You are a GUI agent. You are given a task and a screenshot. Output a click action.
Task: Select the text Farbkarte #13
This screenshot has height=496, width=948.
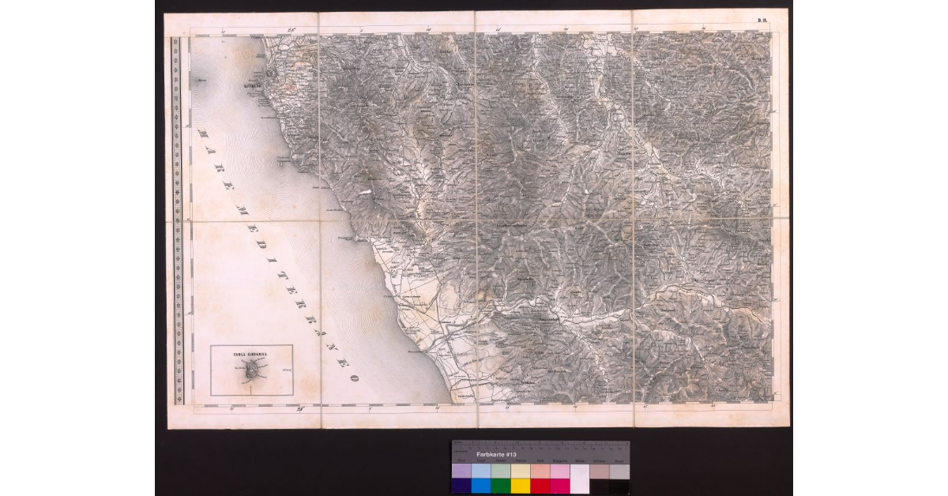coord(496,456)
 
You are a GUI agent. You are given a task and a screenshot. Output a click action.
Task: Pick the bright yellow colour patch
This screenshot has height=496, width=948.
coord(520,486)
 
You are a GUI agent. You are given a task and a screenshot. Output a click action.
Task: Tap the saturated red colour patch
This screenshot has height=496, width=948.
coord(540,486)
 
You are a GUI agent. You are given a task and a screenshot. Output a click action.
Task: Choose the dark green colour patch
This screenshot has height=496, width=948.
coord(500,486)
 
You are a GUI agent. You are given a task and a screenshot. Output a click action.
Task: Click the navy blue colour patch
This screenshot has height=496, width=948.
coord(461,486)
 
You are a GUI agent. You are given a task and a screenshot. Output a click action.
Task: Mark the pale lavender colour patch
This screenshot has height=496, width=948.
coord(461,472)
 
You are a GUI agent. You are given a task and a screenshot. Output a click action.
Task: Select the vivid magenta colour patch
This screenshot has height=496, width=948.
coord(559,486)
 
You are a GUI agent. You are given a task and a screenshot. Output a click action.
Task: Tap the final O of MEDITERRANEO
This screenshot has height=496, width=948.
coord(355,378)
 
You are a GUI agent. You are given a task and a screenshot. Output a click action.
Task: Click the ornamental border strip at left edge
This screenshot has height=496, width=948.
coord(178,221)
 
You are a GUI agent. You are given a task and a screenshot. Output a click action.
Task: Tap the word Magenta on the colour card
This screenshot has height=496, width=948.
coord(559,461)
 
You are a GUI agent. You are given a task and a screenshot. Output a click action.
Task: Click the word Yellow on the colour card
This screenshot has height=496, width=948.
coord(520,461)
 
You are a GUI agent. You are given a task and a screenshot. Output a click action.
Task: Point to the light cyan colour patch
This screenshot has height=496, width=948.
coord(480,472)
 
